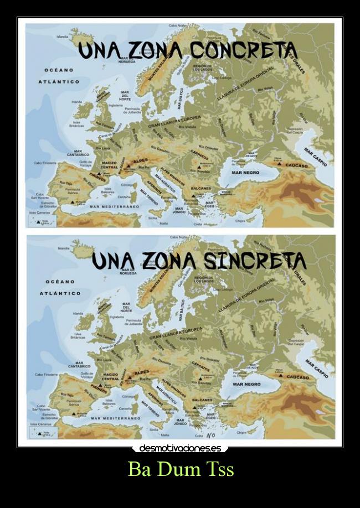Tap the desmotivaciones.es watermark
[180, 448]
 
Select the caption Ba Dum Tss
[181, 469]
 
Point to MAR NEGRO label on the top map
[245, 173]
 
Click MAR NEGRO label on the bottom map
[246, 384]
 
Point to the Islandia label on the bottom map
[64, 248]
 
